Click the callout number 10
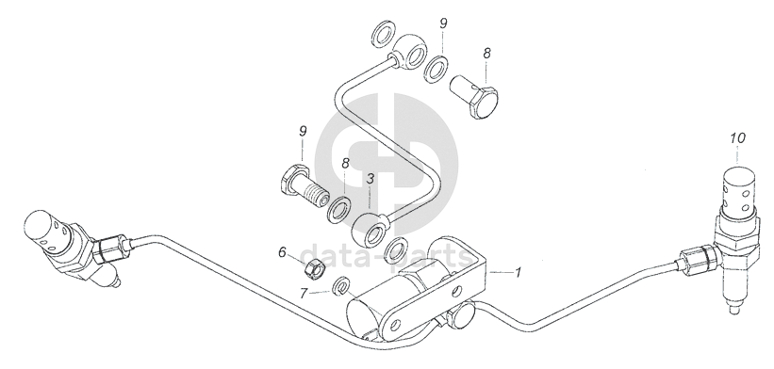click(737, 138)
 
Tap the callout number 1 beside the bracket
click(518, 272)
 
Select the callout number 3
click(371, 178)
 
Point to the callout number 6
click(282, 252)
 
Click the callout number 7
click(304, 294)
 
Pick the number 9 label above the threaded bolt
click(303, 131)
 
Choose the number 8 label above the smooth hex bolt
click(486, 54)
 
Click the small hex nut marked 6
click(313, 269)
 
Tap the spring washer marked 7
click(341, 286)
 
